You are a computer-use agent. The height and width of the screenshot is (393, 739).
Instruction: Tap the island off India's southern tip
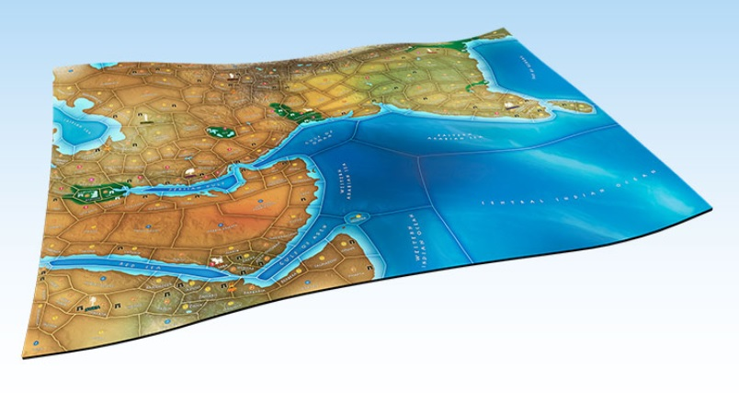point(583,106)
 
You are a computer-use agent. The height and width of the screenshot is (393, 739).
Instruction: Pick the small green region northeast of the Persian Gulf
point(220,133)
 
